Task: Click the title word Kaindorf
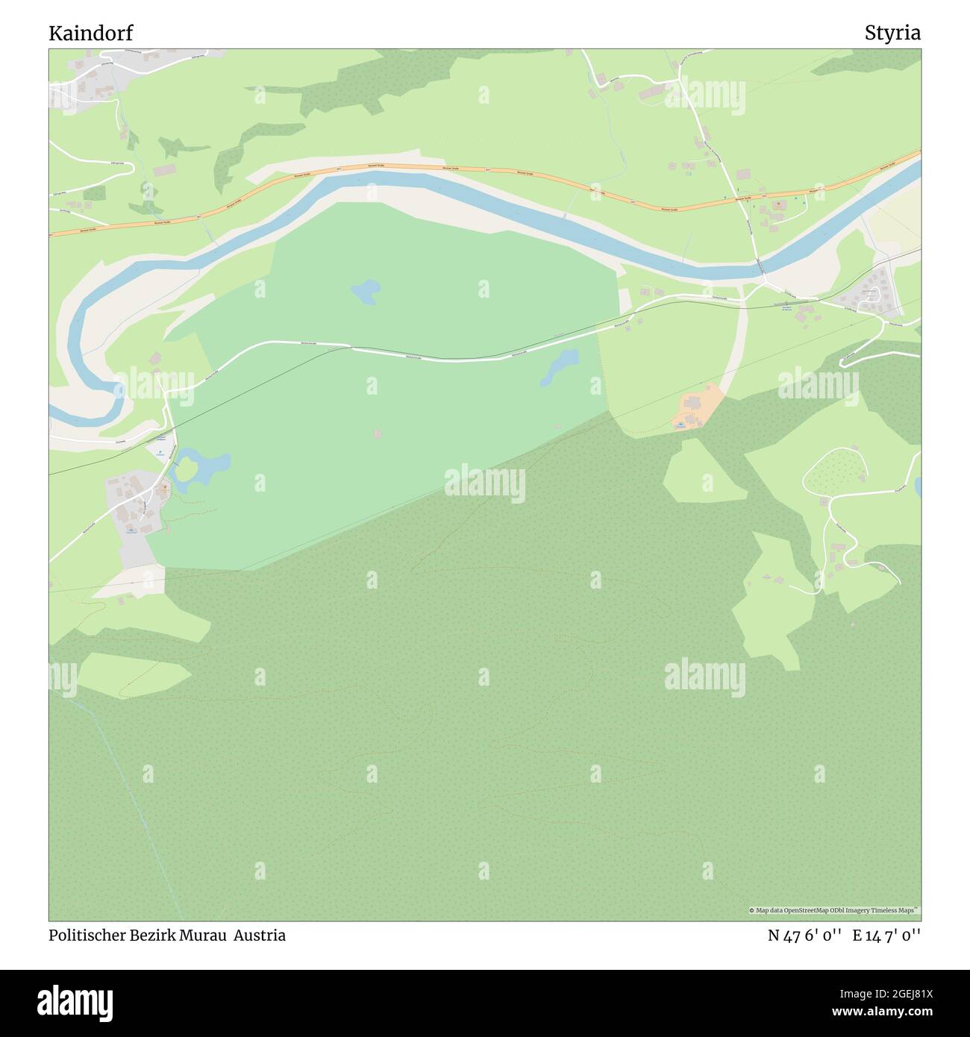pyautogui.click(x=92, y=33)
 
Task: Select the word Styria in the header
pyautogui.click(x=892, y=33)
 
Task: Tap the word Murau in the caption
pyautogui.click(x=203, y=935)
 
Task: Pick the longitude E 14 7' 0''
pyautogui.click(x=886, y=935)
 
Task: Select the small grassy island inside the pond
pyautogui.click(x=187, y=469)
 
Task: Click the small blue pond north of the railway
pyautogui.click(x=364, y=291)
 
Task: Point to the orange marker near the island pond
pyautogui.click(x=163, y=490)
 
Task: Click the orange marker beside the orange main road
pyautogui.click(x=777, y=203)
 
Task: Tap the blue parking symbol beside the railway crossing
pyautogui.click(x=159, y=451)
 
